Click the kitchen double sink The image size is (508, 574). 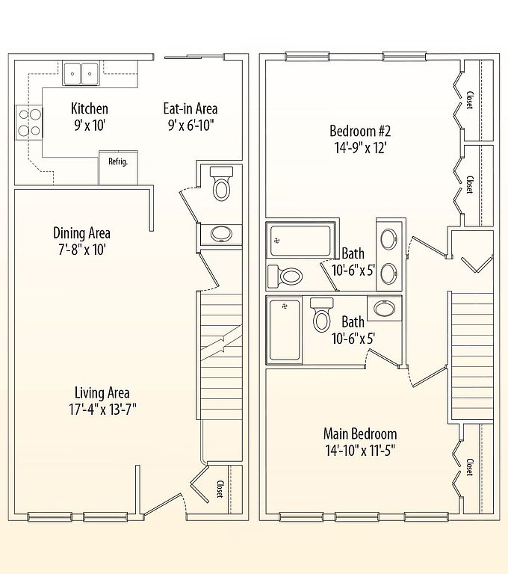point(81,73)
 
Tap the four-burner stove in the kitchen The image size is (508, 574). point(29,123)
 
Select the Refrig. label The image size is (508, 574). point(118,161)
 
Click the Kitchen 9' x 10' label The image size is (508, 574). point(90,117)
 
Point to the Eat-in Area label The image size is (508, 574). point(190,108)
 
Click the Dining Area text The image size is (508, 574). point(81,233)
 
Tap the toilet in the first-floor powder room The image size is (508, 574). point(221,184)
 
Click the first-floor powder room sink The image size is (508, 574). point(221,234)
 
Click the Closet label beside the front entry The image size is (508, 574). point(220,489)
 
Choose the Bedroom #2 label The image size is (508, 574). point(361,131)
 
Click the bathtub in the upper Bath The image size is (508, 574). point(300,241)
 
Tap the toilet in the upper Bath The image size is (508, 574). point(285,277)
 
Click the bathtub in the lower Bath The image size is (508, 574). point(285,330)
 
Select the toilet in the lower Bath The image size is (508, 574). point(322,315)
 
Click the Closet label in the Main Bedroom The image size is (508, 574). point(470,467)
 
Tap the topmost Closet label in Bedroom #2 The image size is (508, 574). point(470,100)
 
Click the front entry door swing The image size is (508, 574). point(164,504)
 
